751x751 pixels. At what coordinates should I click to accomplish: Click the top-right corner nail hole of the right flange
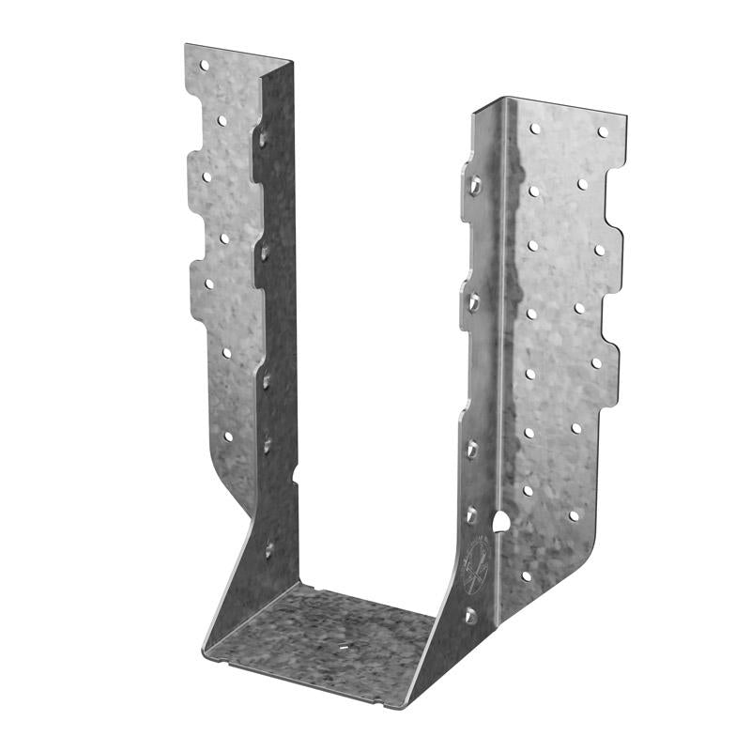[602, 132]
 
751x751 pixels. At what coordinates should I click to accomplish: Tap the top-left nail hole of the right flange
[535, 128]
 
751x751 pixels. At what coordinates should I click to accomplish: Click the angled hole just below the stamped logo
[470, 616]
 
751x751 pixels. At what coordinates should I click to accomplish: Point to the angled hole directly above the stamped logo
[471, 514]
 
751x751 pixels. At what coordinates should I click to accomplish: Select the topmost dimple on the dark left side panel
[264, 138]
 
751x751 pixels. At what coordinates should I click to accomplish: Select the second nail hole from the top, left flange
[223, 120]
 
